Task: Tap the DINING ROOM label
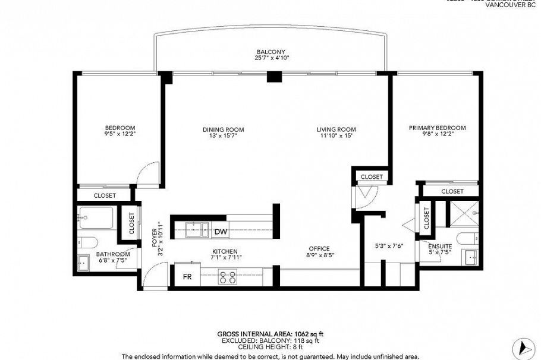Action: tap(223, 130)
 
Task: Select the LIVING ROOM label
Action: tap(336, 130)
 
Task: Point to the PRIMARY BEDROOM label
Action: tap(437, 128)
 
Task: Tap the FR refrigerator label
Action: tap(187, 277)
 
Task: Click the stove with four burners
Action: tap(227, 277)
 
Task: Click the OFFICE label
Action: tap(319, 249)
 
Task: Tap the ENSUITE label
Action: tap(440, 246)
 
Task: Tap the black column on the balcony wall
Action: tap(273, 76)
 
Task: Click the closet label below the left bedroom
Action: tap(105, 195)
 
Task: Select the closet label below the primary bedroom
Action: tap(452, 191)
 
